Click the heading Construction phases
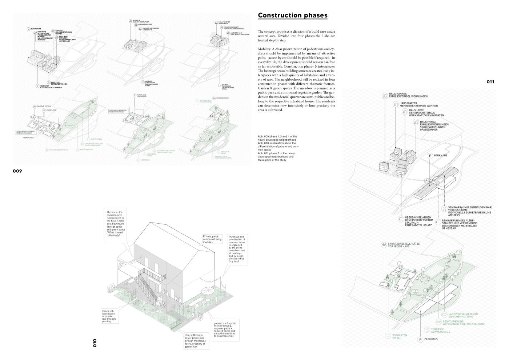click(292, 15)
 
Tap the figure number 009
click(17, 171)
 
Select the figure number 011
click(490, 82)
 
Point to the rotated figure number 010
click(95, 343)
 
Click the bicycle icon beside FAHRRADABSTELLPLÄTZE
click(384, 245)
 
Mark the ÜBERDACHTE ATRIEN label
click(418, 218)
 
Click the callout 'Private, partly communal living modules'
click(212, 239)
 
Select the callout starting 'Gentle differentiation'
click(109, 316)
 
